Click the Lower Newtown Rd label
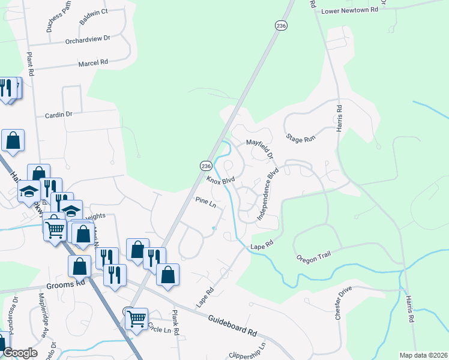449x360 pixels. (x=349, y=10)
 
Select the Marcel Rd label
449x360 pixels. (x=93, y=62)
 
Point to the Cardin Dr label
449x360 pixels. (x=58, y=114)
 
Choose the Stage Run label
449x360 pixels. (x=300, y=138)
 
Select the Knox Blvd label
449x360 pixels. (x=220, y=179)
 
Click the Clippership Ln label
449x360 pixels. (x=247, y=350)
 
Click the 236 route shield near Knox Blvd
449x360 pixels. (x=206, y=166)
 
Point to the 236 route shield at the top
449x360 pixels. (x=282, y=25)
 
